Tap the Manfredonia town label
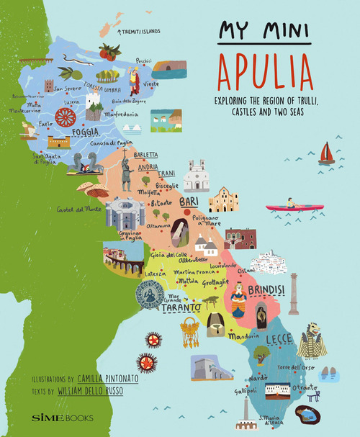[125, 114]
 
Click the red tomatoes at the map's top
[109, 52]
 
